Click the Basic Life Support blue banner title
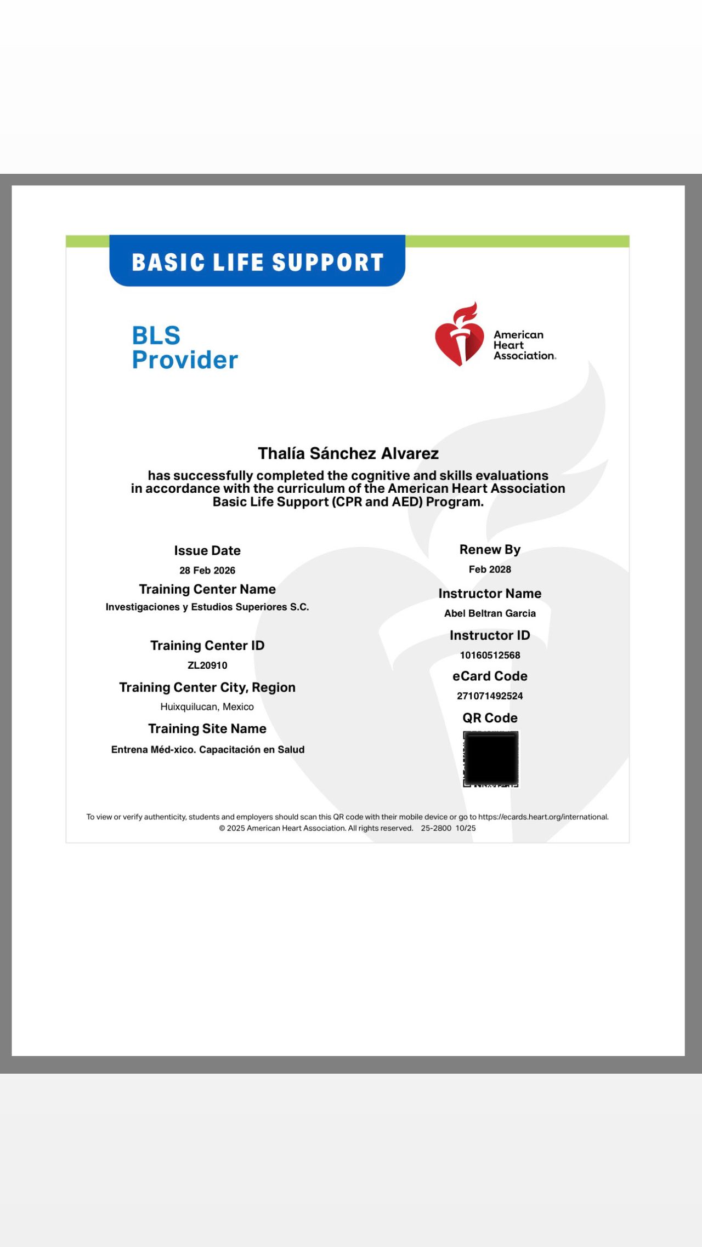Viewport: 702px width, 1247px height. (257, 262)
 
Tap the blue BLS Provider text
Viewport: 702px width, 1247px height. (185, 348)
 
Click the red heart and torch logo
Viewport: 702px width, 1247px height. (460, 335)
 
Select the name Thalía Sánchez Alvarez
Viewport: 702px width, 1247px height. (348, 453)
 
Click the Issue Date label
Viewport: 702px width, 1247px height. (207, 550)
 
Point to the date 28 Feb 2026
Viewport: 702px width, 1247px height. (207, 570)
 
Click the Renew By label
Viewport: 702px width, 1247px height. (490, 549)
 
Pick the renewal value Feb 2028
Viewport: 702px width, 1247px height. (490, 569)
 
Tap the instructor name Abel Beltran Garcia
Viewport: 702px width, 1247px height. (490, 613)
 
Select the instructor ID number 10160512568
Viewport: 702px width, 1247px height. (490, 655)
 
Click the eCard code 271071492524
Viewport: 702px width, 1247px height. (490, 696)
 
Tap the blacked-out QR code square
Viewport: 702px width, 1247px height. (491, 759)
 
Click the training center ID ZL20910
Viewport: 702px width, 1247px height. (207, 665)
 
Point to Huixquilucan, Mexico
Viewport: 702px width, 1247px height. (207, 707)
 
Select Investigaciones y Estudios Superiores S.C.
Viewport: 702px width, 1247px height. (207, 607)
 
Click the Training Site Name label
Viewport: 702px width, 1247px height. (207, 728)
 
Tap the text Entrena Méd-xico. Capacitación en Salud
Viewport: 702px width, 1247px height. (207, 749)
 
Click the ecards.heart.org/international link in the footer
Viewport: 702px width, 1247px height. (543, 817)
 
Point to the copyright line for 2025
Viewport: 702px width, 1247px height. (316, 828)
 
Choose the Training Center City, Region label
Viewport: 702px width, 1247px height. (207, 687)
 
